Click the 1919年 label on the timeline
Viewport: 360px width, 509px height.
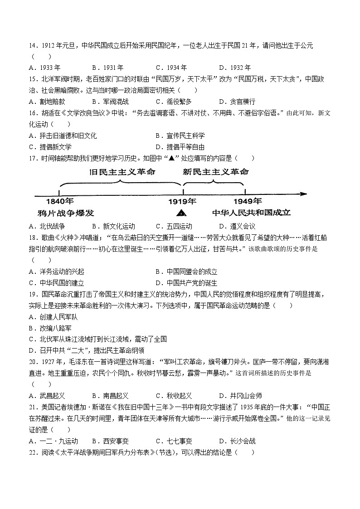pos(182,201)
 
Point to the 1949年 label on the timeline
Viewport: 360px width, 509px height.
pos(248,201)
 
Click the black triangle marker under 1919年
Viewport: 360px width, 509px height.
pos(182,213)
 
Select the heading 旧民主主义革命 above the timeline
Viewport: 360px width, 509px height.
pos(122,172)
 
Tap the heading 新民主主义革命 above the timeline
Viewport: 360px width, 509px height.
pos(216,172)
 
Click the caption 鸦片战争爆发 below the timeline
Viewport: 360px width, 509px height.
pos(66,213)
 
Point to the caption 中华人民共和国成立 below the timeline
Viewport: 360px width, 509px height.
pos(251,213)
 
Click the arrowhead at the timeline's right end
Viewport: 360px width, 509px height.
pos(303,194)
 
